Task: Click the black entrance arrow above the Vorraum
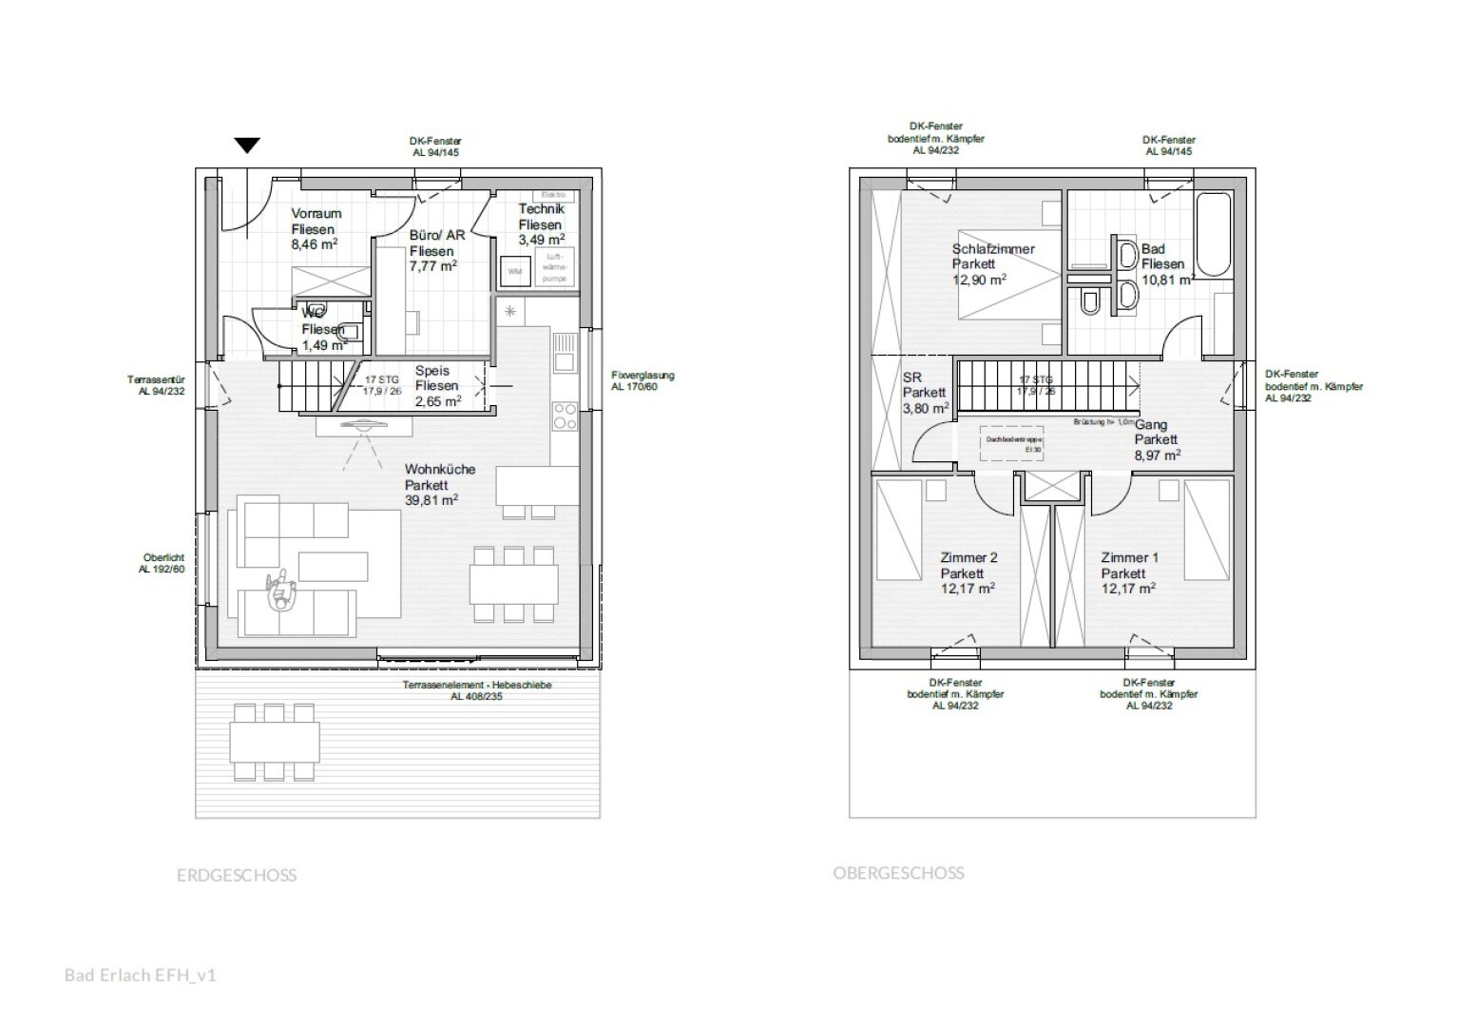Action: point(247,145)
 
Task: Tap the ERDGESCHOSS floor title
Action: point(237,876)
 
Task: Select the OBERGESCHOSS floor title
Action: point(898,873)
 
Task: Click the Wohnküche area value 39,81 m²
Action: point(431,500)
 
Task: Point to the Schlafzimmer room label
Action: point(993,249)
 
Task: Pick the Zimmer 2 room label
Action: point(968,558)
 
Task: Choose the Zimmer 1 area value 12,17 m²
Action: point(1128,589)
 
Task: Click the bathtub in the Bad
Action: point(1214,233)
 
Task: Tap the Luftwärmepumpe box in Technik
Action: point(552,266)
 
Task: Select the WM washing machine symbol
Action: point(515,271)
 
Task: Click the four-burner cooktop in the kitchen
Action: point(565,417)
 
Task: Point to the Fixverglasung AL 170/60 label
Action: point(642,380)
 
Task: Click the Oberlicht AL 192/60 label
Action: point(163,563)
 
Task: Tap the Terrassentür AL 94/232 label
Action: point(156,385)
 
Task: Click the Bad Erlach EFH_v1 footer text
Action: point(141,975)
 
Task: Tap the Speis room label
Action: point(431,371)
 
